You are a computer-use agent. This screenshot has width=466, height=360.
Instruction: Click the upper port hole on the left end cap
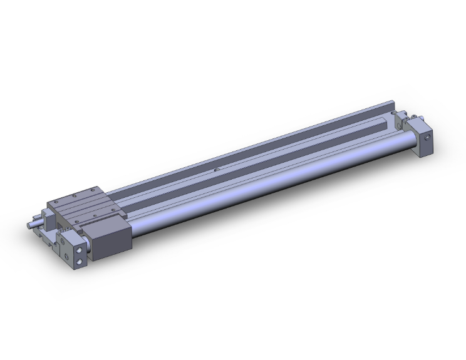(80, 250)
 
